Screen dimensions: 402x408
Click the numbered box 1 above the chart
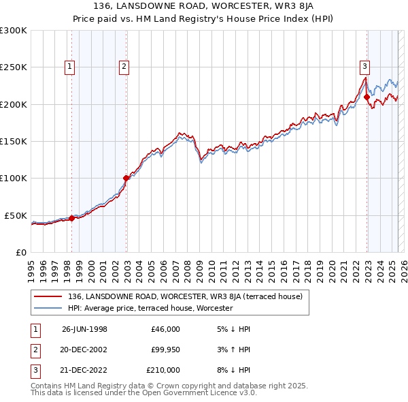(71, 66)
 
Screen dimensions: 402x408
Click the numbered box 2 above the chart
(124, 66)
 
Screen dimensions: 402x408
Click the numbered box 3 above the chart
(365, 66)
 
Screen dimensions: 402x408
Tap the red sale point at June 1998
(71, 219)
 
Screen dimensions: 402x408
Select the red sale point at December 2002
(126, 179)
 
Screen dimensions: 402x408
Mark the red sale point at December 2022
(367, 97)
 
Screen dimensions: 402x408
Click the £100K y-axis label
(14, 179)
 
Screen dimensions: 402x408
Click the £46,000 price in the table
(165, 329)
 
